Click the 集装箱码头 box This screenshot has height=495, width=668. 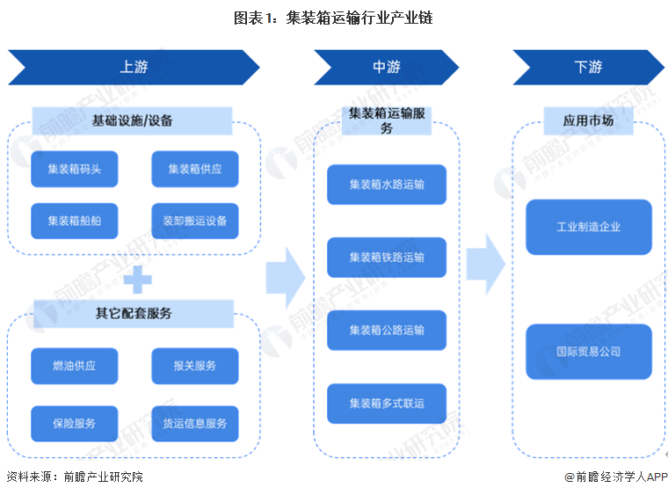coord(74,169)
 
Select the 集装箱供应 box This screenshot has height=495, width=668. coord(194,169)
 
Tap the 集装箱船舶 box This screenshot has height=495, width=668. coord(74,221)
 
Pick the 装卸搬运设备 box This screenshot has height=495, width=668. coord(194,221)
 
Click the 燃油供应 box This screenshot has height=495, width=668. coord(74,366)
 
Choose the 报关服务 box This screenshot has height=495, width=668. coord(194,366)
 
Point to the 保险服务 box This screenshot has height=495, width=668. coord(74,423)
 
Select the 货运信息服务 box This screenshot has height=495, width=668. coord(194,423)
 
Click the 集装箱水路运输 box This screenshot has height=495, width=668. coord(386,185)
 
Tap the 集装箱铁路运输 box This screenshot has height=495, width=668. coord(386,258)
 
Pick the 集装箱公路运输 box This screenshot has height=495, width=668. coord(386,331)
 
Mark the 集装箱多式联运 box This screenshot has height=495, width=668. coord(386,404)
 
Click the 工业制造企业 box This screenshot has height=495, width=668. coord(588,227)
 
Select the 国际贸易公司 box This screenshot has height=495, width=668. coord(588,352)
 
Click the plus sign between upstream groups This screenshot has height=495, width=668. coord(137,280)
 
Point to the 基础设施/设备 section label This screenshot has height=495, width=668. coord(133,120)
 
